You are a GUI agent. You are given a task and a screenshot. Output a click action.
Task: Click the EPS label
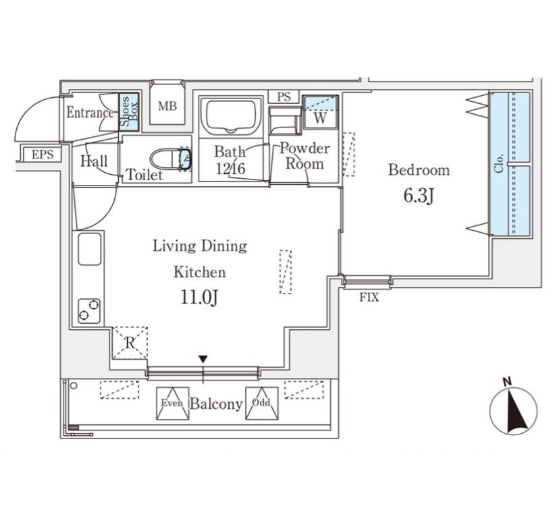pos(43,154)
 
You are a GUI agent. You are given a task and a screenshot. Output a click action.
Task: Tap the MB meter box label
pos(167,106)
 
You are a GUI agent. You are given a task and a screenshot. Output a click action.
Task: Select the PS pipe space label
pos(284,97)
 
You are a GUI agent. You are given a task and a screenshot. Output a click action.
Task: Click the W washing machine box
pos(320,113)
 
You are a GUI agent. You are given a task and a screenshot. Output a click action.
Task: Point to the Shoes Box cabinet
pos(128,112)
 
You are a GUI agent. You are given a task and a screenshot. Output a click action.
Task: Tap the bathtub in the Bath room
pos(231,115)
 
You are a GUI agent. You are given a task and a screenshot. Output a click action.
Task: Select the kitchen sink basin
pos(90,249)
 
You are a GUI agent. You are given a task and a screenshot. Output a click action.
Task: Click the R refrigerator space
pos(130,343)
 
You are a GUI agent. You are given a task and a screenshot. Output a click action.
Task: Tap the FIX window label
pos(369,298)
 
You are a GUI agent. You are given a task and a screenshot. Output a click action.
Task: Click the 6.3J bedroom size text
pos(419,196)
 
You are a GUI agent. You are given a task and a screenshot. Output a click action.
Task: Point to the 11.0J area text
pos(199,298)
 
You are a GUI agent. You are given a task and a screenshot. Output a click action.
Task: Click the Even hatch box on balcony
pos(172,403)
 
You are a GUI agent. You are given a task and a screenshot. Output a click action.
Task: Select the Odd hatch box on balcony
pos(261,403)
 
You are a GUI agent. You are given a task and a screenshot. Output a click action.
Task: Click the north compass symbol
pos(513,410)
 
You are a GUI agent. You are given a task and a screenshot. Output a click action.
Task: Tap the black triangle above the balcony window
pos(203,359)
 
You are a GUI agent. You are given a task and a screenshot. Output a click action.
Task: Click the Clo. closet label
pos(499,164)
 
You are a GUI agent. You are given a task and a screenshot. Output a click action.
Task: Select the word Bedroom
pos(419,170)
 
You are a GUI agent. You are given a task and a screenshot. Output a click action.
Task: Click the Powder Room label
pos(305,156)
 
